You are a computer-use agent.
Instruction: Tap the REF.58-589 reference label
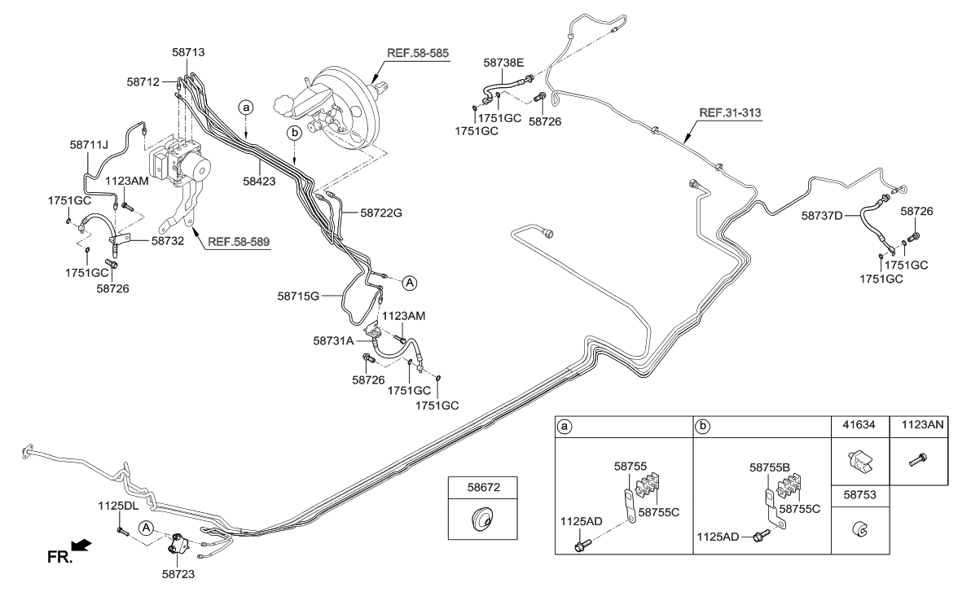239,242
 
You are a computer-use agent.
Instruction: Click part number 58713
188,52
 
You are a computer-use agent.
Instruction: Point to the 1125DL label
119,506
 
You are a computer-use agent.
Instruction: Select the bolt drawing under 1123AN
918,460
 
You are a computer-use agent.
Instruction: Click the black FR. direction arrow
81,544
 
